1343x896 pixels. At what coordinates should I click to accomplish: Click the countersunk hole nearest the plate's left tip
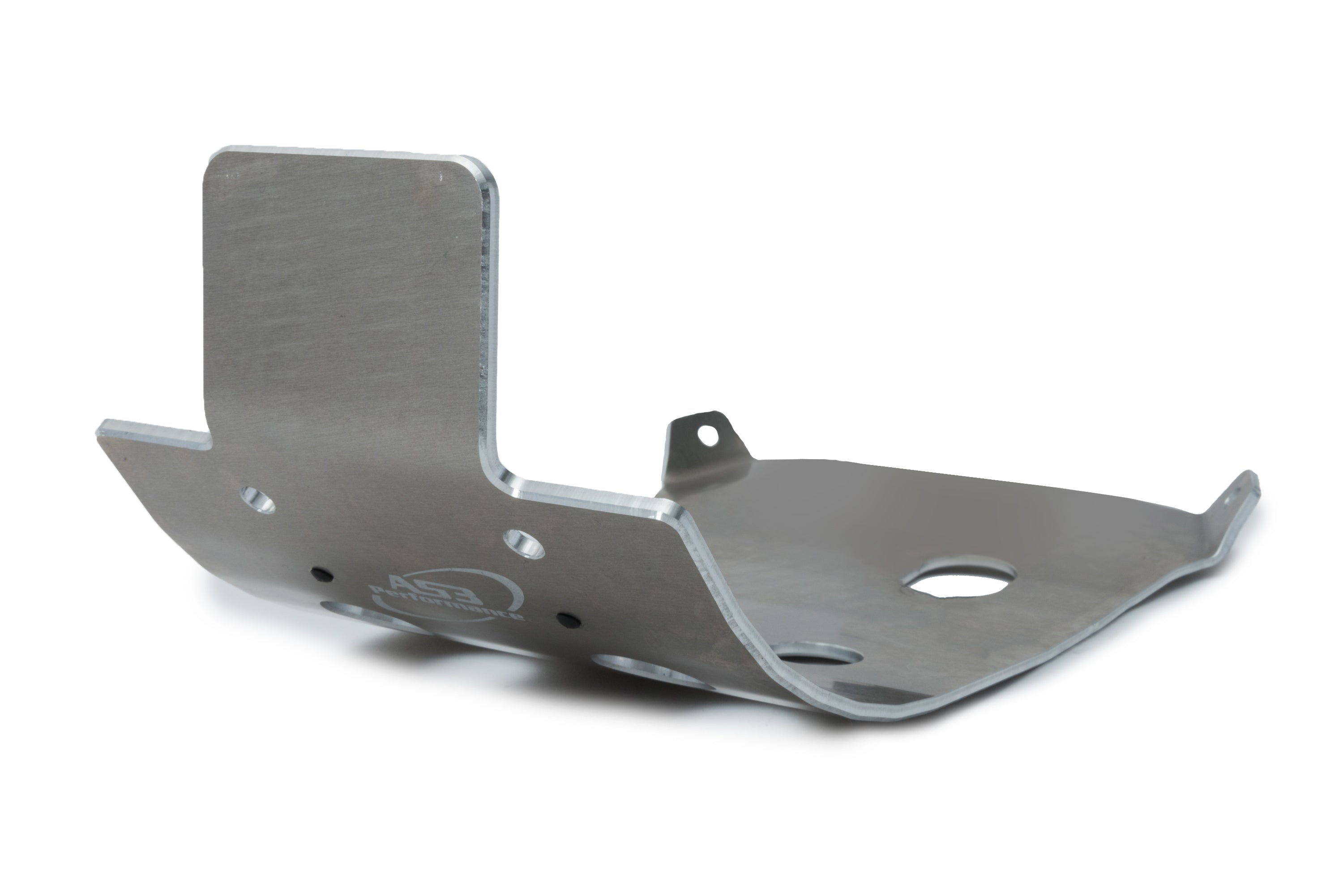tap(257, 499)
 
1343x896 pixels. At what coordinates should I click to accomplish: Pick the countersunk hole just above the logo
tap(523, 543)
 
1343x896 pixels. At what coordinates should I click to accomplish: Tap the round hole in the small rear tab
tap(709, 436)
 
